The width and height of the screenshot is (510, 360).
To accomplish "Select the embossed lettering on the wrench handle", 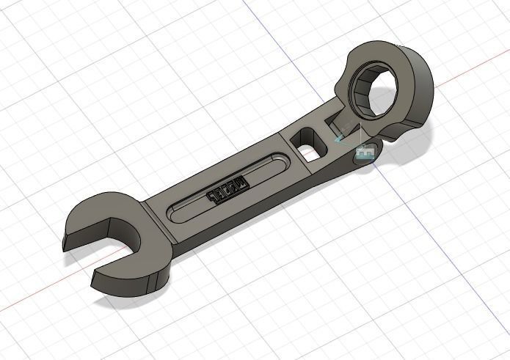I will [x=227, y=189].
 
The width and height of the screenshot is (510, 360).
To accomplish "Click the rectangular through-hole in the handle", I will [x=309, y=144].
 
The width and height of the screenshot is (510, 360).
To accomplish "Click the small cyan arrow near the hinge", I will [x=340, y=136].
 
